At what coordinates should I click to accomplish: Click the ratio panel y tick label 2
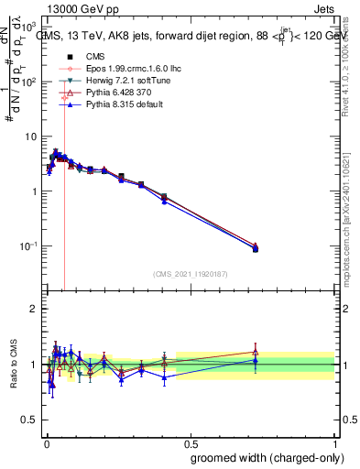(34, 309)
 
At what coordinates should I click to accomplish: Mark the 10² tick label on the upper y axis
(30, 82)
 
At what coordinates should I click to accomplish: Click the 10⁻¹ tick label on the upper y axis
(30, 246)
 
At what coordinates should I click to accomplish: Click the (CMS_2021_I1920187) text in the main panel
(191, 274)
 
